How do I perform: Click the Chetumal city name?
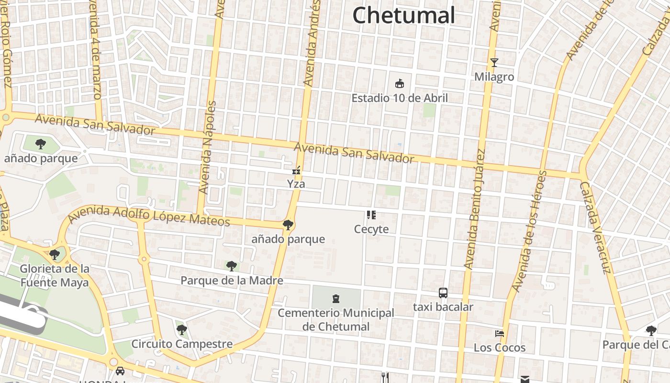click(x=403, y=15)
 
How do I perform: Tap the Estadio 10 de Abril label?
click(x=400, y=98)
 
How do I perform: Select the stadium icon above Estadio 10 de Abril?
click(x=400, y=84)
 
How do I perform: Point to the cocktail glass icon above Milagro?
click(x=494, y=63)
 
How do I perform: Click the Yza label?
click(x=296, y=184)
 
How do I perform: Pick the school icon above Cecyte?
click(x=371, y=215)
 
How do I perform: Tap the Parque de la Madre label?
click(x=232, y=281)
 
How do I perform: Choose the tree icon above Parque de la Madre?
click(x=232, y=266)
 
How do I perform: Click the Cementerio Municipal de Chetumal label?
click(x=336, y=320)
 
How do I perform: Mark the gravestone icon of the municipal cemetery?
click(x=336, y=299)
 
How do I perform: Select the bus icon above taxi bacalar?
click(x=443, y=293)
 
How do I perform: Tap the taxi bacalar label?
click(x=443, y=307)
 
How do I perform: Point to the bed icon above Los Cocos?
click(x=500, y=333)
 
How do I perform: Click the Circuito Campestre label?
click(x=182, y=344)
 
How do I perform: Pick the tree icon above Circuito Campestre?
click(x=182, y=329)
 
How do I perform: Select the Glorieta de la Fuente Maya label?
click(x=55, y=276)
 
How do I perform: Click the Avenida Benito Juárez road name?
click(x=475, y=209)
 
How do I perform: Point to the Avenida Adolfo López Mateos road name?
click(x=148, y=216)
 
